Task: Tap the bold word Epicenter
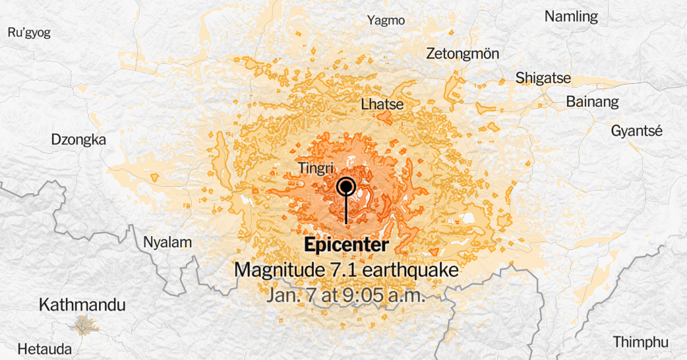346,245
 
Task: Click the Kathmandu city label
82,305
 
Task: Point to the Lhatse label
382,104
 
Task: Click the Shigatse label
543,78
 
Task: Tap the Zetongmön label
463,53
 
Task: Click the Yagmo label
386,20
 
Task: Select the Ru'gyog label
28,32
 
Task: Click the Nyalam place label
167,243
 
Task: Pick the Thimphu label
641,342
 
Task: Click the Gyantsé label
636,130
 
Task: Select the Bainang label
593,102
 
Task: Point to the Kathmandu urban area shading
82,324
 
